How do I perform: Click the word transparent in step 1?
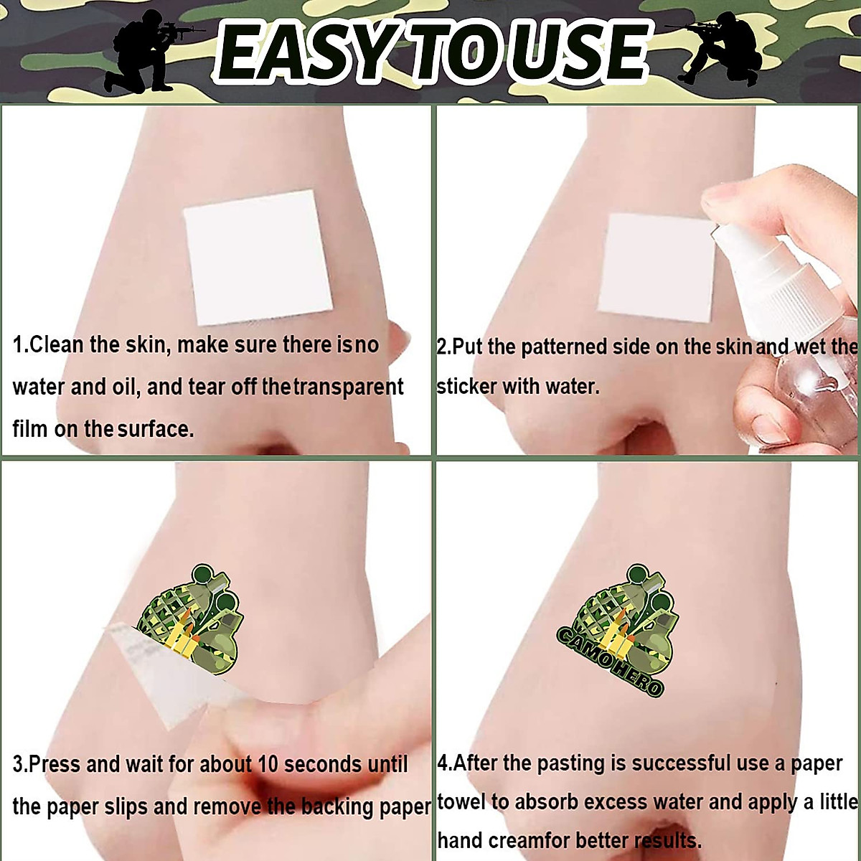click(349, 387)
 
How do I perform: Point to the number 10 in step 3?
click(268, 764)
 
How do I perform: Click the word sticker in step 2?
click(466, 387)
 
